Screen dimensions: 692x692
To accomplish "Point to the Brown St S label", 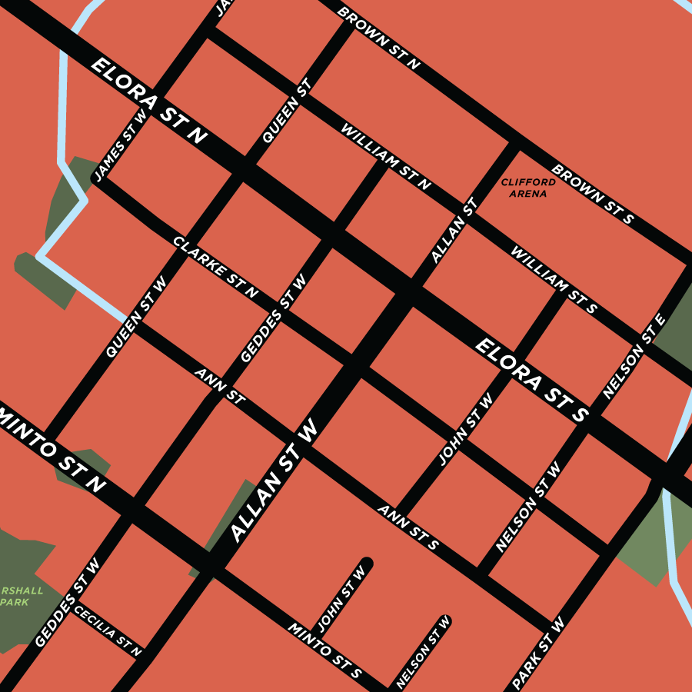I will point(592,194).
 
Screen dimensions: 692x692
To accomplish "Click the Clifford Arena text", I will point(528,188).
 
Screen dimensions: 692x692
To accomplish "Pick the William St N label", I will point(386,157).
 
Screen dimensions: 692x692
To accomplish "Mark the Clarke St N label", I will point(215,267).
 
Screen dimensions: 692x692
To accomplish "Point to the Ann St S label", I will point(408,527).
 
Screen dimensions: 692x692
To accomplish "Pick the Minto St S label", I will point(324,650).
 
